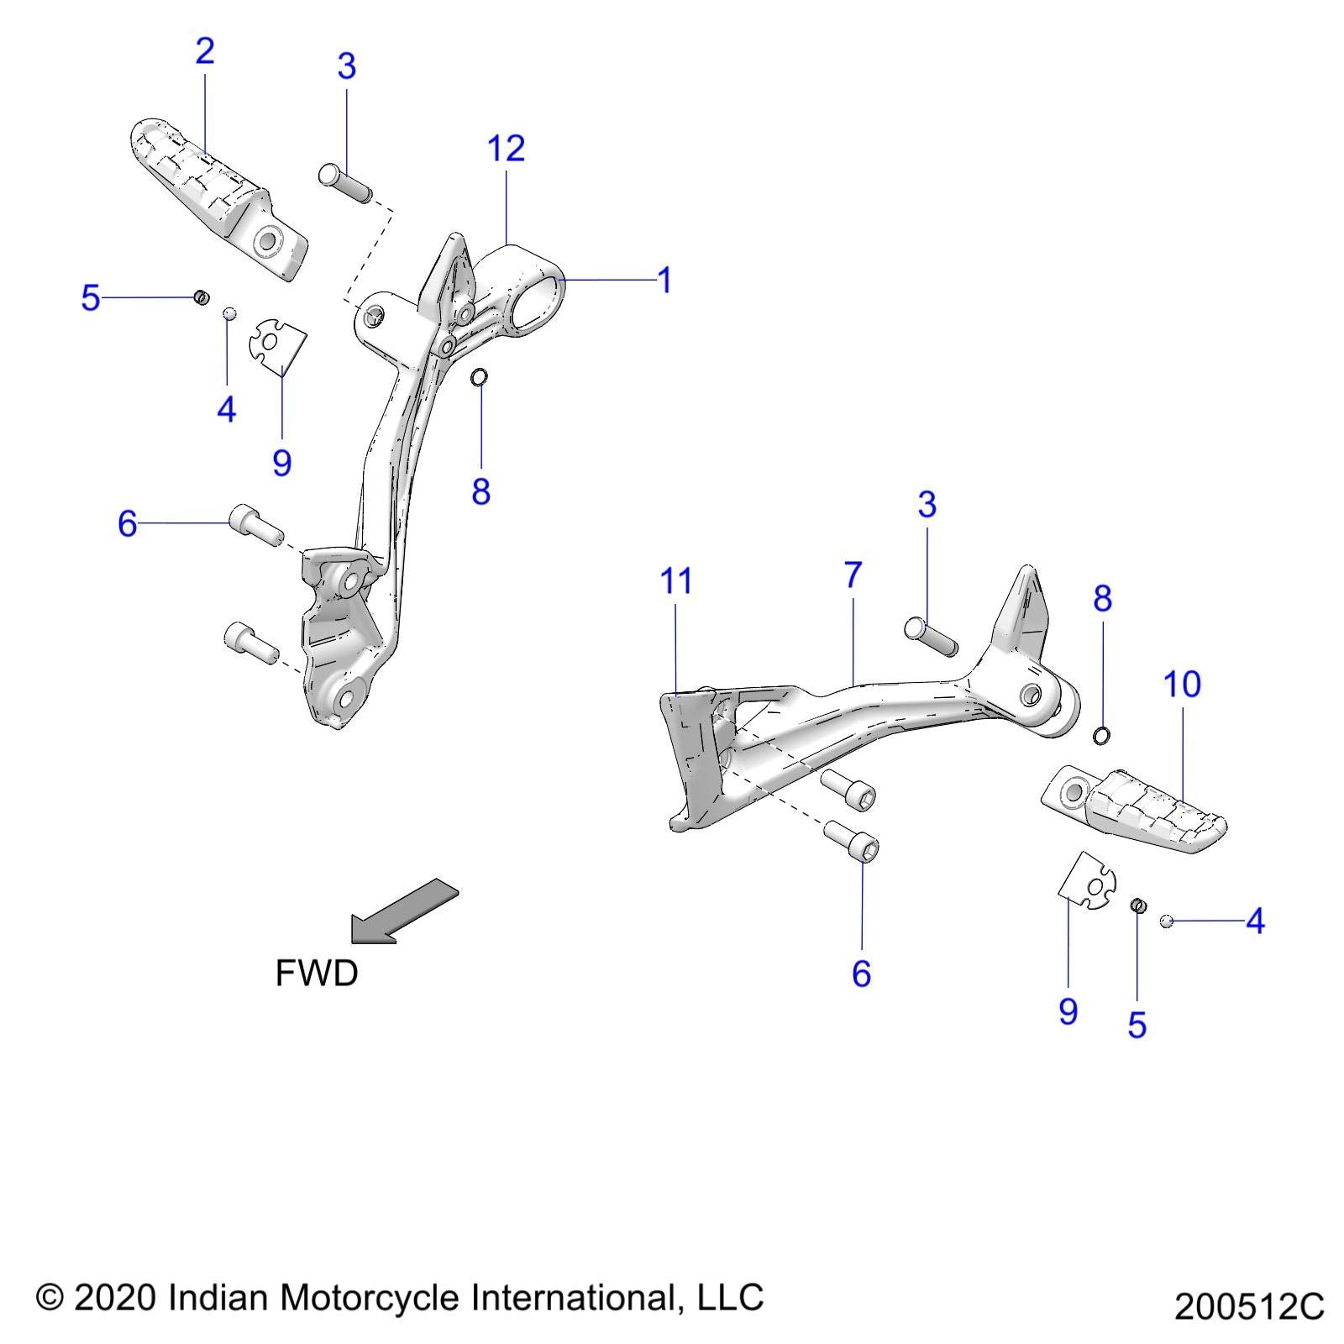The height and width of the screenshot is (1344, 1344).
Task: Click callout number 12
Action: [506, 149]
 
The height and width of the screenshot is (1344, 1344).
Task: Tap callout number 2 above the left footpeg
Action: [205, 51]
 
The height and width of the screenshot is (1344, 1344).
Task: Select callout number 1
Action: [664, 281]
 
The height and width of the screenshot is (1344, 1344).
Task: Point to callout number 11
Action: [676, 581]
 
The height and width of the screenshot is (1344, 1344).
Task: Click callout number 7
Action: [853, 575]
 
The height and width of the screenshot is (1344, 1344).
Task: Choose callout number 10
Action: [1182, 685]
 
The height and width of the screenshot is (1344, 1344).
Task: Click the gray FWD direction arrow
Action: [404, 911]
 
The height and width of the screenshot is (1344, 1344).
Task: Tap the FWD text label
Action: [317, 974]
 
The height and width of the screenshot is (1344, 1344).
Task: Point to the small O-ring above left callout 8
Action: [479, 377]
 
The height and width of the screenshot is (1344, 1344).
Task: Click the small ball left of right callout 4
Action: [1166, 921]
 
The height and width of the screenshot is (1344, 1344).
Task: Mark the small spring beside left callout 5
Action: [201, 297]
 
